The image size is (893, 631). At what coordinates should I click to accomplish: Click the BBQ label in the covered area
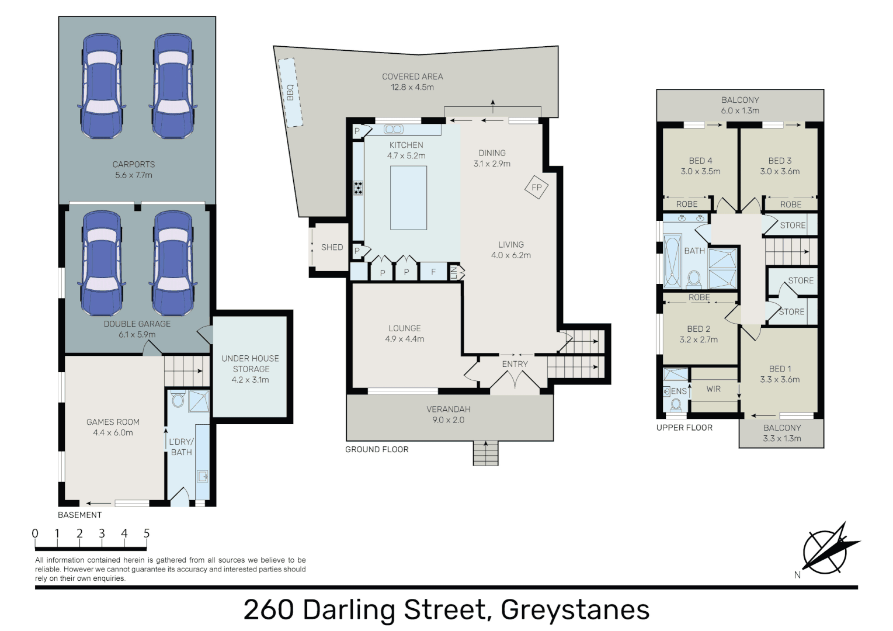coord(290,92)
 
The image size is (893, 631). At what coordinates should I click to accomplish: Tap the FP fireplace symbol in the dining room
coord(536,188)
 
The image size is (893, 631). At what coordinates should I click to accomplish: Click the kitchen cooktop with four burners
coord(358,188)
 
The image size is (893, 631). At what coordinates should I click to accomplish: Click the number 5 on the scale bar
coord(147,533)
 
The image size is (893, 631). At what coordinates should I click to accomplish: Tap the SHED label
coord(332,248)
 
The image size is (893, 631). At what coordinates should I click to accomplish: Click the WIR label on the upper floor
coord(713,389)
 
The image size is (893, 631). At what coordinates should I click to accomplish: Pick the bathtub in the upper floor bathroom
coord(672,261)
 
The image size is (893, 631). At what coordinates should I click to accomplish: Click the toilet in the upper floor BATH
coord(694,279)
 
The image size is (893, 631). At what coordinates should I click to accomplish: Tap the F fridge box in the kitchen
coord(433,272)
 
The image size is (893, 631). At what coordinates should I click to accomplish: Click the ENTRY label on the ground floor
coord(515,364)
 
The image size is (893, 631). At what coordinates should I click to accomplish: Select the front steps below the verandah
coord(485,453)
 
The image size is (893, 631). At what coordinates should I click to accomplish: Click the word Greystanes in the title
coord(575,610)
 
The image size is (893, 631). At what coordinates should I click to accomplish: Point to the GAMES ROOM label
coord(113,422)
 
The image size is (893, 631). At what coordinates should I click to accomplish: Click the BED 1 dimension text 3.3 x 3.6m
coord(780,380)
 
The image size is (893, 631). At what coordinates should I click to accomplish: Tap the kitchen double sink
coord(393,129)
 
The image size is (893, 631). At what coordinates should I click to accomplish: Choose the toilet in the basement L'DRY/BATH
coord(178,400)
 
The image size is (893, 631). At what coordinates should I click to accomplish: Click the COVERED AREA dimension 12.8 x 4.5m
coord(412,88)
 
